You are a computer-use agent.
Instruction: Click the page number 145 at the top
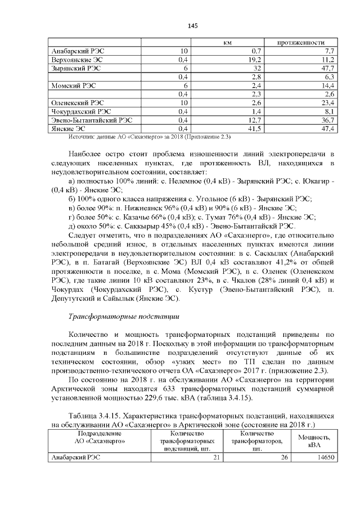click(x=192, y=26)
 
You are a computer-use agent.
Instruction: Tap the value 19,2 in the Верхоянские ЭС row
click(x=255, y=59)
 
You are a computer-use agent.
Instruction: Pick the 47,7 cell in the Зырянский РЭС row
click(x=327, y=67)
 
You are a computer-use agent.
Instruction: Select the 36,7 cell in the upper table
click(x=327, y=120)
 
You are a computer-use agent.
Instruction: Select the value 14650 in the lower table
click(x=326, y=457)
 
